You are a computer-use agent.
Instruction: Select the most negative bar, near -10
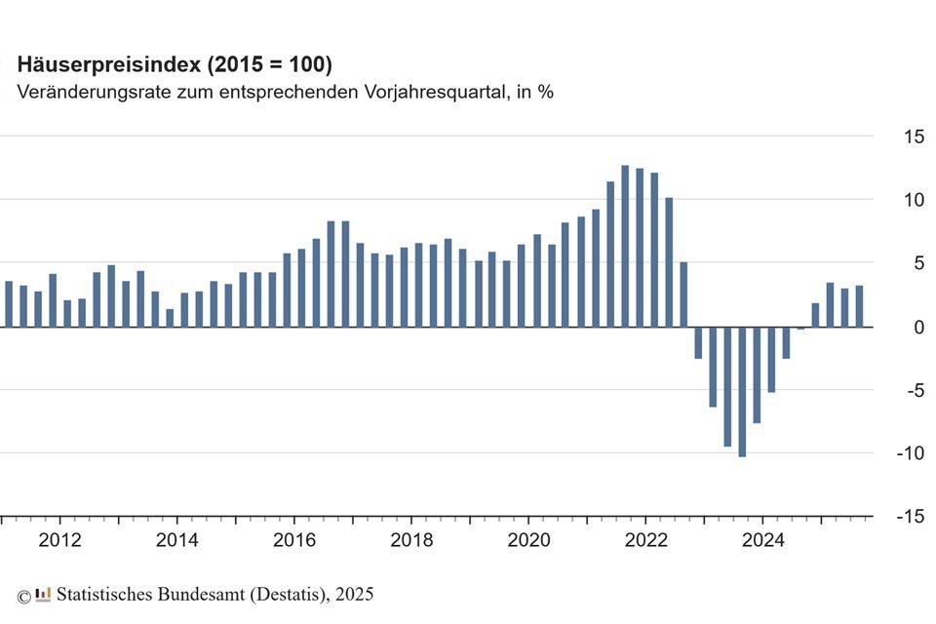742,391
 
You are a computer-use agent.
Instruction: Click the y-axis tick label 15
913,136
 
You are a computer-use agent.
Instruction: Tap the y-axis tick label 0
917,327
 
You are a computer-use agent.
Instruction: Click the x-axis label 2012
59,539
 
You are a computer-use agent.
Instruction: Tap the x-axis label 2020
527,539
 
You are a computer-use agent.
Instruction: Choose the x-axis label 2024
761,539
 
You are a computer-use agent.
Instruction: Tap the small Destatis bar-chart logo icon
43,594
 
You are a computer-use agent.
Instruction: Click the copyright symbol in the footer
23,595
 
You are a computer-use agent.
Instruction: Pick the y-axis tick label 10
913,200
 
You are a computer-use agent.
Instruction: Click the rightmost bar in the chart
859,306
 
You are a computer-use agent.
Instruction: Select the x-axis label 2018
410,539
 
